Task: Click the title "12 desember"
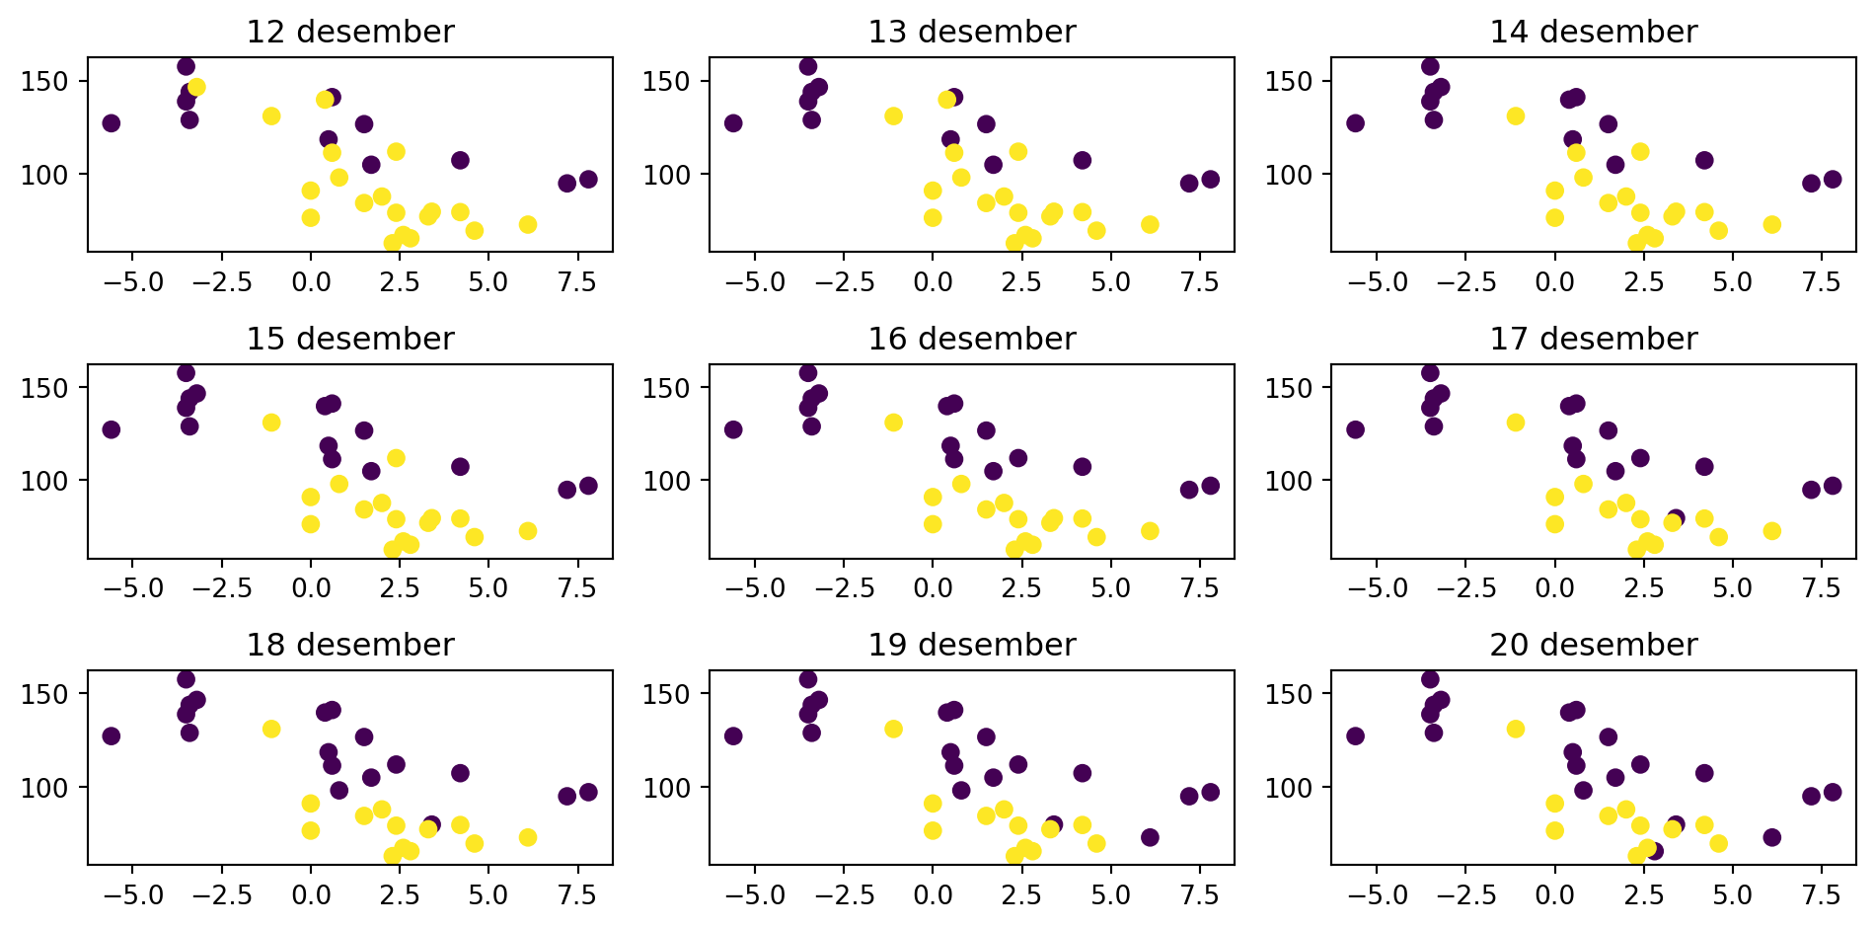pos(350,32)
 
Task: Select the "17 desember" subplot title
pos(1594,339)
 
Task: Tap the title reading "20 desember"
pos(1594,645)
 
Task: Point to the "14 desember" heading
pos(1594,32)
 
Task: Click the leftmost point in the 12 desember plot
pos(111,123)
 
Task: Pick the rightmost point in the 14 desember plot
pos(1833,180)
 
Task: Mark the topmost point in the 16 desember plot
pos(807,373)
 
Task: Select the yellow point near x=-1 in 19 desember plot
pos(893,730)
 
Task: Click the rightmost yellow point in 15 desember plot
pos(528,531)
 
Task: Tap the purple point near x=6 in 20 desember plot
pos(1772,837)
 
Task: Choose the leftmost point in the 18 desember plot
pos(111,736)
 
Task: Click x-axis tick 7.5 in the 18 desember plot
pos(578,894)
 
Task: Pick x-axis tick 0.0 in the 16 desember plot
pos(933,588)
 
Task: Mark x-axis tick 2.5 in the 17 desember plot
pos(1644,588)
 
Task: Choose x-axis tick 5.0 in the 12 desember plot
pos(488,282)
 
